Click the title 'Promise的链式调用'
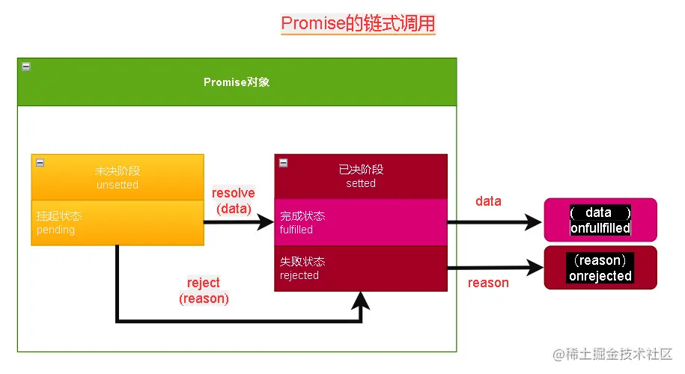[358, 23]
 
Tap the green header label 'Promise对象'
[237, 82]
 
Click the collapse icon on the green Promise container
[26, 67]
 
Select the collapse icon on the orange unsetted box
[40, 162]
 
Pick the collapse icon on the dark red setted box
[283, 162]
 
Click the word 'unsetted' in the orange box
[118, 185]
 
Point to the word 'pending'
[56, 230]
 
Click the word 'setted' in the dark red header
[361, 183]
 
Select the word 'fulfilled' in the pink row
[296, 230]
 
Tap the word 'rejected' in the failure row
[299, 275]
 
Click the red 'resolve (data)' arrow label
[234, 200]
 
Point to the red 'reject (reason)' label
[204, 290]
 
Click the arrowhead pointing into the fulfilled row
[266, 222]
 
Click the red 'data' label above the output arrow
[488, 201]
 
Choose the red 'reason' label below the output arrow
[488, 283]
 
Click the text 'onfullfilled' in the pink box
[600, 228]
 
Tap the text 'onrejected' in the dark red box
[600, 276]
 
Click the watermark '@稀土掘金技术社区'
[612, 354]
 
